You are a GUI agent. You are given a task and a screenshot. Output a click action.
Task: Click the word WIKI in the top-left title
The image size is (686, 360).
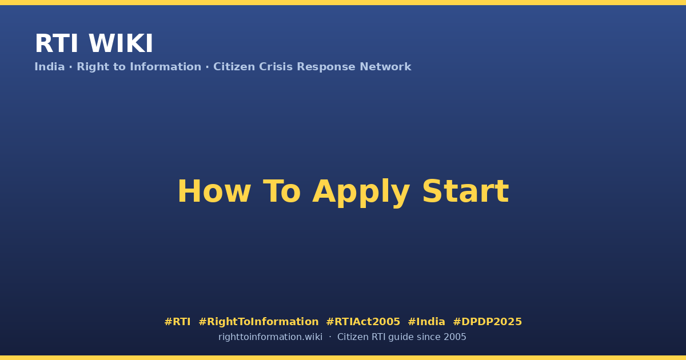pos(121,43)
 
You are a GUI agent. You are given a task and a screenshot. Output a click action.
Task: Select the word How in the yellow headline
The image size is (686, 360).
pos(214,191)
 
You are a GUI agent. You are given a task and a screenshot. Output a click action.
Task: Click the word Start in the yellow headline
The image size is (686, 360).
pos(465,191)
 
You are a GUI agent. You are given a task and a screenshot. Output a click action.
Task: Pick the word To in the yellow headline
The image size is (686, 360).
pos(282,191)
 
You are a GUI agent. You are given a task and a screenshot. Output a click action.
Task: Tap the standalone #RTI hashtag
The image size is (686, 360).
pos(177,322)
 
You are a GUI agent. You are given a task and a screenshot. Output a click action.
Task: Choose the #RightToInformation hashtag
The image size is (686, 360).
pos(258,322)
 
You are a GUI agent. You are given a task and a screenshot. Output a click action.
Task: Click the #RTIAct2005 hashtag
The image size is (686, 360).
pos(363,322)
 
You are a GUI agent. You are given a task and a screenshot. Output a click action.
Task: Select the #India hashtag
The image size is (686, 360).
pos(426,322)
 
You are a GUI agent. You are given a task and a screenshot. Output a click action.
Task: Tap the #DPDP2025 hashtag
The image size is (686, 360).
pos(487,322)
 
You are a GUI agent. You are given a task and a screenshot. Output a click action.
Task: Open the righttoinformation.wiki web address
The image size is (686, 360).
pos(270,337)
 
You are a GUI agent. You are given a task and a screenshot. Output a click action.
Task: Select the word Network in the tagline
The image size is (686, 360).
pos(385,67)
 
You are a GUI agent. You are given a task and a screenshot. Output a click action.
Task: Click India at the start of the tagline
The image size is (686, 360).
pos(50,67)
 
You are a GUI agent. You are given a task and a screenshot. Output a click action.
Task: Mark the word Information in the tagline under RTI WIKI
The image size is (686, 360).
pos(166,67)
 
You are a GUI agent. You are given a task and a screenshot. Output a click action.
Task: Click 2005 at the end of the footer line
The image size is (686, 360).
pos(455,337)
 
